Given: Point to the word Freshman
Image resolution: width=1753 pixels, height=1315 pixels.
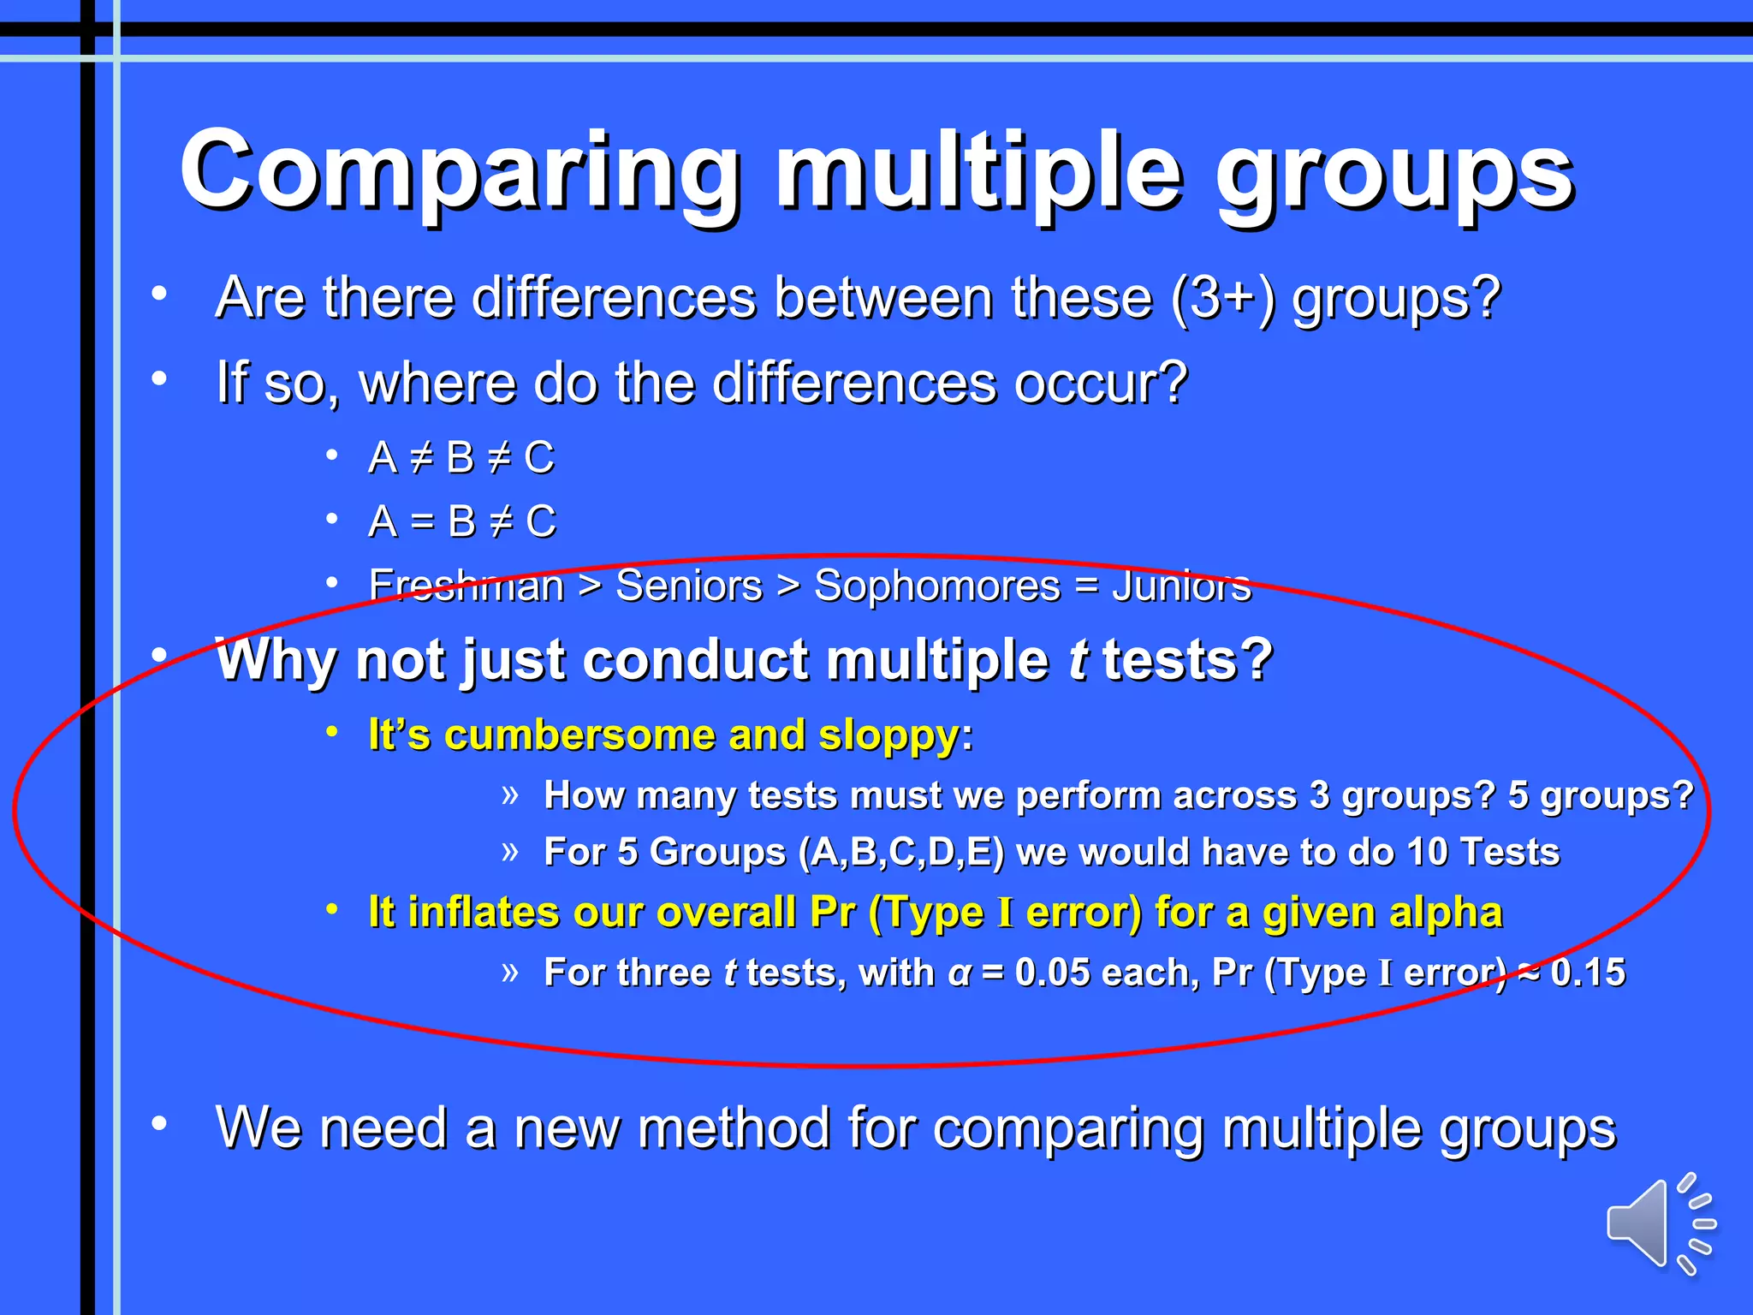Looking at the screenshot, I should point(466,586).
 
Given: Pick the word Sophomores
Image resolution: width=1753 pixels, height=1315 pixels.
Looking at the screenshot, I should point(936,586).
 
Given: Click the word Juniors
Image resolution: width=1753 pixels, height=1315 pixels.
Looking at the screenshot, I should point(1181,586).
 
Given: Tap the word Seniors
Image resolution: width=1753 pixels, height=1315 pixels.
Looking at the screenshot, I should point(689,586).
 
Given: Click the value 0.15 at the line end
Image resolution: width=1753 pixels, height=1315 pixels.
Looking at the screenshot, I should point(1588,973).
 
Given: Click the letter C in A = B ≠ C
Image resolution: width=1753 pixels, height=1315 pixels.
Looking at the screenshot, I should point(540,521).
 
